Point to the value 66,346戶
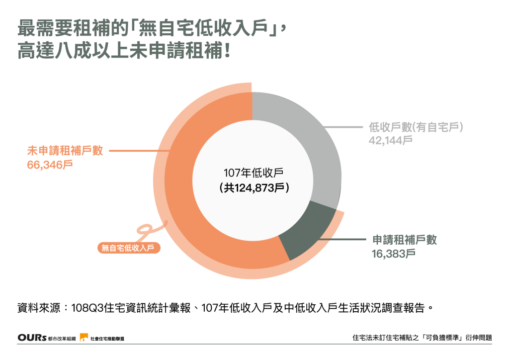[50, 165]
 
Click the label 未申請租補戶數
[65, 151]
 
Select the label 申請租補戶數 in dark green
[405, 240]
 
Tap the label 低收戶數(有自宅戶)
[416, 127]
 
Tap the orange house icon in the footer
[84, 337]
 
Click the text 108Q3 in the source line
[85, 307]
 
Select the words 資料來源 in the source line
[37, 307]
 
